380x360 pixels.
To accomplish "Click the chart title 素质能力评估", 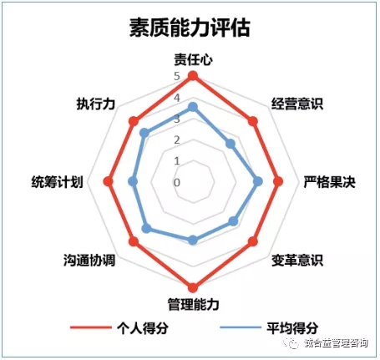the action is pyautogui.click(x=190, y=28).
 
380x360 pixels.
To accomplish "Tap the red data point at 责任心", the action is pyautogui.click(x=193, y=76).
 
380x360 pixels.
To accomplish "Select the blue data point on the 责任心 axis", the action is pyautogui.click(x=193, y=107).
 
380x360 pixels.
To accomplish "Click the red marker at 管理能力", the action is pyautogui.click(x=193, y=287).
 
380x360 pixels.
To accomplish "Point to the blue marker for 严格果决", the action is pyautogui.click(x=258, y=182).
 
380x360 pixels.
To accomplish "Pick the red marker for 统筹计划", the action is pyautogui.click(x=108, y=182).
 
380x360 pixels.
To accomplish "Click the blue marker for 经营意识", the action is pyautogui.click(x=231, y=144).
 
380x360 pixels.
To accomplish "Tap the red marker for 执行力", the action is pyautogui.click(x=134, y=122).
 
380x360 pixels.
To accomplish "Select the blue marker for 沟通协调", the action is pyautogui.click(x=146, y=229).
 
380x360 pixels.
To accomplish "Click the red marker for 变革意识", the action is pyautogui.click(x=252, y=241).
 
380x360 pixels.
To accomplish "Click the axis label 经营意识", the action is pyautogui.click(x=297, y=104).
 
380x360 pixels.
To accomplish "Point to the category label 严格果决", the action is pyautogui.click(x=329, y=182).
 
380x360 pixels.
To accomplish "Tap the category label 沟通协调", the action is pyautogui.click(x=89, y=261).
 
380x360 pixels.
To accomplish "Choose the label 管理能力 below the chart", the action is pyautogui.click(x=193, y=304).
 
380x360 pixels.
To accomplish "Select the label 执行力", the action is pyautogui.click(x=96, y=104).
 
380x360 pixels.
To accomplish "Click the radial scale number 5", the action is pyautogui.click(x=177, y=76).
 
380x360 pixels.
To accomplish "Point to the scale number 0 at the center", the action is pyautogui.click(x=177, y=183).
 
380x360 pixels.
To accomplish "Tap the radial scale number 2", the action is pyautogui.click(x=177, y=140).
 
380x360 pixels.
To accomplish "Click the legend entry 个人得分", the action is pyautogui.click(x=119, y=328).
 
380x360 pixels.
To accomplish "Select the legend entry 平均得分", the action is pyautogui.click(x=269, y=328).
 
